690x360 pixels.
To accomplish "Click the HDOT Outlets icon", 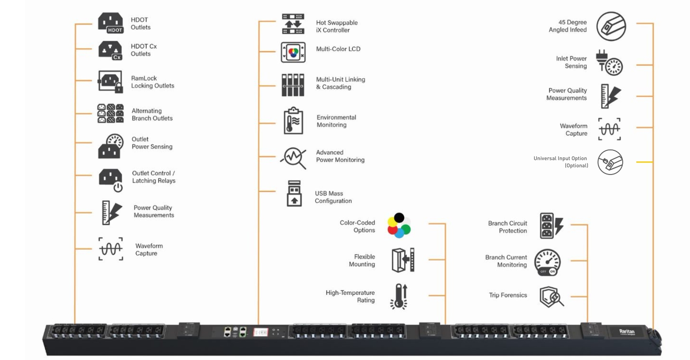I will click(110, 23).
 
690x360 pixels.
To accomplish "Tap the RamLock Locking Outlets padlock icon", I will click(110, 82).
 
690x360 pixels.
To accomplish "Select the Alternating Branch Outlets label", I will click(152, 115).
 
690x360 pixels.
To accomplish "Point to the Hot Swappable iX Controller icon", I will click(293, 24).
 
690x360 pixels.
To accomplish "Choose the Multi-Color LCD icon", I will click(293, 52).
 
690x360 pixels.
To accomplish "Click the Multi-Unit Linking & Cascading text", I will click(340, 83).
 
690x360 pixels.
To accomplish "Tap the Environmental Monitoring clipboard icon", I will click(293, 121).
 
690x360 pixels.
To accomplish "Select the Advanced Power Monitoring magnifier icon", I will click(293, 158).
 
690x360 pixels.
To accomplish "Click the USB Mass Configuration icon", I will click(294, 194).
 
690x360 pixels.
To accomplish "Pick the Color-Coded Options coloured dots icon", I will click(399, 225).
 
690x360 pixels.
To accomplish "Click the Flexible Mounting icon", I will click(403, 260).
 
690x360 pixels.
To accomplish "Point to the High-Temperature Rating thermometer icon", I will click(399, 296).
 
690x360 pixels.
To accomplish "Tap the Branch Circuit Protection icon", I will click(551, 226).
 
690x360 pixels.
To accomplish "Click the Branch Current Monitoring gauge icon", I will click(548, 262).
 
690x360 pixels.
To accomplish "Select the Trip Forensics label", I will click(508, 295).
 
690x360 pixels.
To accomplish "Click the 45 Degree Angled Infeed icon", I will click(611, 26).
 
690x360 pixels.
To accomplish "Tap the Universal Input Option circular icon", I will click(610, 162).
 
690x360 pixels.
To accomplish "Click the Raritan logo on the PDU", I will click(627, 332).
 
